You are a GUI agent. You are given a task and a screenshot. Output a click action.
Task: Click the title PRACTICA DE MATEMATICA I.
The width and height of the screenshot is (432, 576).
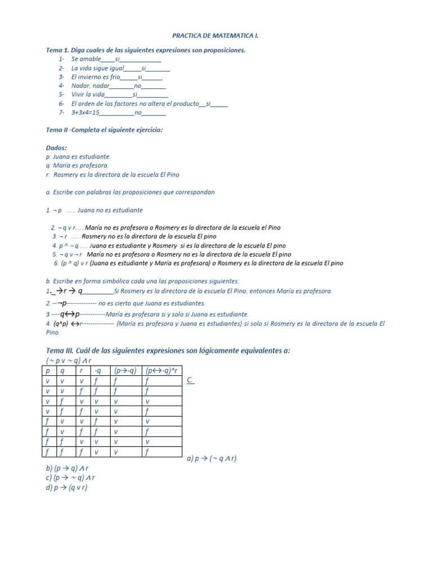click(x=215, y=35)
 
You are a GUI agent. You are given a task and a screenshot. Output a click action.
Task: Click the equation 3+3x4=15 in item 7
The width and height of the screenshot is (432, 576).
click(x=85, y=112)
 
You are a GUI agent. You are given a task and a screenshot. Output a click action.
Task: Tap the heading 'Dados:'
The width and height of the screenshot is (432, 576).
click(x=56, y=148)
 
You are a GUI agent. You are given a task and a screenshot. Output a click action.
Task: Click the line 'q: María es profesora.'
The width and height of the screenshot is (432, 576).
click(x=77, y=166)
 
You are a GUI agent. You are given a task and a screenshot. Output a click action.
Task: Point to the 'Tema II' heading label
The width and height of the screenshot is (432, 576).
click(x=56, y=130)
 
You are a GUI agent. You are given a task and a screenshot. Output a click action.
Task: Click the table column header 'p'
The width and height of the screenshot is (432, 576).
click(x=48, y=371)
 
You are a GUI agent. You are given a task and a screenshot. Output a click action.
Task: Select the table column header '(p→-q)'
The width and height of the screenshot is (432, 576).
click(x=125, y=371)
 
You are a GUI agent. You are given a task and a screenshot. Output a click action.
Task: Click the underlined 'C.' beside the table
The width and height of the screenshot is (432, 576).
click(x=190, y=380)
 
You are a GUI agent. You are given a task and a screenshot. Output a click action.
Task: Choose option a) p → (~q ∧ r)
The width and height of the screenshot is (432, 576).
click(x=211, y=458)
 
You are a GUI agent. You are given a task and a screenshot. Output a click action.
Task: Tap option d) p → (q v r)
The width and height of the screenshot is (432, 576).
click(x=66, y=487)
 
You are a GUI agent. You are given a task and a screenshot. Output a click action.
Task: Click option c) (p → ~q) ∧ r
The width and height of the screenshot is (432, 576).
click(x=70, y=478)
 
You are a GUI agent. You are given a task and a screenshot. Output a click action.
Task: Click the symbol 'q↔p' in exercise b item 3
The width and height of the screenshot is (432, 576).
click(x=70, y=314)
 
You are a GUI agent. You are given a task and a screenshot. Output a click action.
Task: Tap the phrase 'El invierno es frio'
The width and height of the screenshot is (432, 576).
click(x=96, y=76)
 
